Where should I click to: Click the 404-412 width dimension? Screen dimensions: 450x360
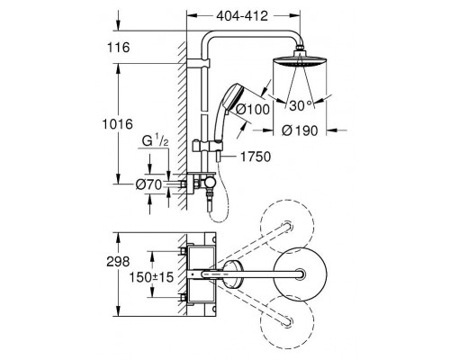pyautogui.click(x=242, y=16)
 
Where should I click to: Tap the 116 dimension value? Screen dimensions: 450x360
pyautogui.click(x=119, y=48)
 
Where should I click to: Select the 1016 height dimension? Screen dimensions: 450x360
pyautogui.click(x=118, y=124)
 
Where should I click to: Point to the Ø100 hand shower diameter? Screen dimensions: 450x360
pyautogui.click(x=253, y=109)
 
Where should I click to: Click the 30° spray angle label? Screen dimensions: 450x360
pyautogui.click(x=301, y=105)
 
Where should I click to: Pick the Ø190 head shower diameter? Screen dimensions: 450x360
pyautogui.click(x=300, y=130)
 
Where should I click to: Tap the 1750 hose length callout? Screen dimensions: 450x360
pyautogui.click(x=256, y=157)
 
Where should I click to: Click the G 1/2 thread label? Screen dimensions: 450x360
pyautogui.click(x=155, y=141)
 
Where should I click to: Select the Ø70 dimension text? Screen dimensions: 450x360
pyautogui.click(x=148, y=184)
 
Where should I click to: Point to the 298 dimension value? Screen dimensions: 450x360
pyautogui.click(x=118, y=262)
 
